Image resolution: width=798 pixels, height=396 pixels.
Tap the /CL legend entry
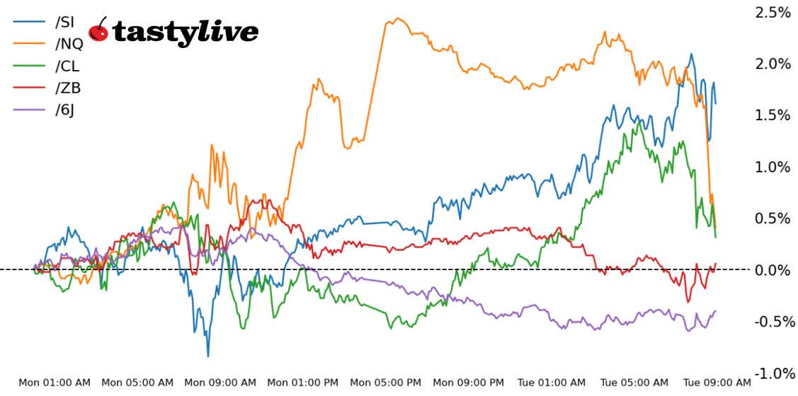67,66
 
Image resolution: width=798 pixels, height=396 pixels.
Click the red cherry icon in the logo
99,30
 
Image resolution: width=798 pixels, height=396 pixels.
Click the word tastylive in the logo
185,33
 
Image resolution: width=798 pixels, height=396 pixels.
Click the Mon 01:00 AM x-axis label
55,383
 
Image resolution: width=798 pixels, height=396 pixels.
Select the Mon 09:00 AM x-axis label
220,383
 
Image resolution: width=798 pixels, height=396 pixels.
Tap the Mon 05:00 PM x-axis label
386,383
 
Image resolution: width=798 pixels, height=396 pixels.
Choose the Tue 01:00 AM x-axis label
552,383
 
